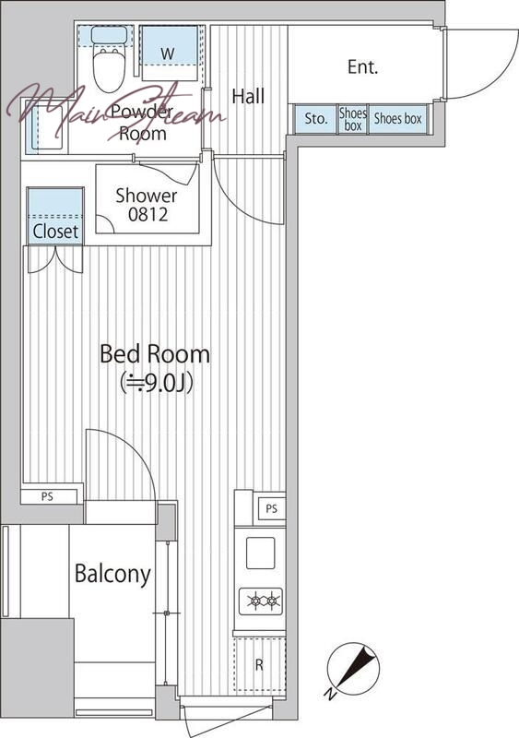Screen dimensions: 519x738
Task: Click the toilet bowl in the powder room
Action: [109, 71]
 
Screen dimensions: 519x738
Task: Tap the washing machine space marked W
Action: [169, 54]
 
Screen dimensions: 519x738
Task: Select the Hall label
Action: [248, 97]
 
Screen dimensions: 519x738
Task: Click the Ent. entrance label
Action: [363, 66]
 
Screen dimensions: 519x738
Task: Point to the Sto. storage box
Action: [315, 119]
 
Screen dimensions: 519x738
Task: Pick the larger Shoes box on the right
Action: [398, 119]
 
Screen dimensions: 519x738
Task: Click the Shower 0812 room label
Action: [147, 205]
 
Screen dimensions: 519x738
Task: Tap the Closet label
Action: [55, 232]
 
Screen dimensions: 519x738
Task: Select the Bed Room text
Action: [155, 354]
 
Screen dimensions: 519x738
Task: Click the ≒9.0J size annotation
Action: [157, 384]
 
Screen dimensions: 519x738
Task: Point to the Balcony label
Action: [113, 574]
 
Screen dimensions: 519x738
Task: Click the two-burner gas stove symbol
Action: [261, 601]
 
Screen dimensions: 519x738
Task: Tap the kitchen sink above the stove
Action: [260, 553]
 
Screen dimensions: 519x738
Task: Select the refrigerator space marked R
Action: [260, 664]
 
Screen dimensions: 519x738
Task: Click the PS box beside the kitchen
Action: [272, 508]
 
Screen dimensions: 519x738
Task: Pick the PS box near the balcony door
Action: [49, 496]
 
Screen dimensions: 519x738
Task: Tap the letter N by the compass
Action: [331, 694]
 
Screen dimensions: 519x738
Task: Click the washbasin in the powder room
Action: [47, 127]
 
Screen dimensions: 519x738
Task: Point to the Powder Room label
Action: [143, 124]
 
